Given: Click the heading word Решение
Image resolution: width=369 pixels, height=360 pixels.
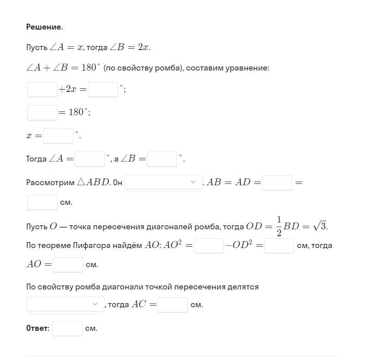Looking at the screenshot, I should [x=44, y=27].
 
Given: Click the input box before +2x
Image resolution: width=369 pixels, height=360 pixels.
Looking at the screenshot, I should [x=42, y=89].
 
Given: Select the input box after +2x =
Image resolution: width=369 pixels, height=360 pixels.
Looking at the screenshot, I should [x=103, y=89].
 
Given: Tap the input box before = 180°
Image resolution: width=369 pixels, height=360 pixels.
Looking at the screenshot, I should [x=42, y=112].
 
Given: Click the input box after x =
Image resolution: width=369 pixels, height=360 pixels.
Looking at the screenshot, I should [x=58, y=136].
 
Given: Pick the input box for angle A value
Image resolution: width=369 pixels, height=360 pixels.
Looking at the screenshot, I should [x=90, y=159].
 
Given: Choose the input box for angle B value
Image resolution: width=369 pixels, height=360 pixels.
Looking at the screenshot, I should [x=162, y=159].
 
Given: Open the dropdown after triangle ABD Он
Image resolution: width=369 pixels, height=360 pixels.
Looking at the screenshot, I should [x=163, y=183].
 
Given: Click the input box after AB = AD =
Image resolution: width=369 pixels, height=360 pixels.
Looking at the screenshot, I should [x=277, y=183].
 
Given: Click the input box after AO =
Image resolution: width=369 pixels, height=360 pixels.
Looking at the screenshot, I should [x=68, y=264].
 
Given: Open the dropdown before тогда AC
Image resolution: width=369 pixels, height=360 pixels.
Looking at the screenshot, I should [x=65, y=304].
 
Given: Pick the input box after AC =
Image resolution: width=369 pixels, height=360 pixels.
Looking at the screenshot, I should [x=173, y=304].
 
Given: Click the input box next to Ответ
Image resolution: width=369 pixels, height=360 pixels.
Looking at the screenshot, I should [x=67, y=328].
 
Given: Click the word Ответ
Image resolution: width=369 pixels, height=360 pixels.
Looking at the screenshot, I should [x=37, y=328].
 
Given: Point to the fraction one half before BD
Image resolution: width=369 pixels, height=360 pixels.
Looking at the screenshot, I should [x=279, y=226].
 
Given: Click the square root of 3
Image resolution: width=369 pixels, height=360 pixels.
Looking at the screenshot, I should [x=320, y=226].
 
